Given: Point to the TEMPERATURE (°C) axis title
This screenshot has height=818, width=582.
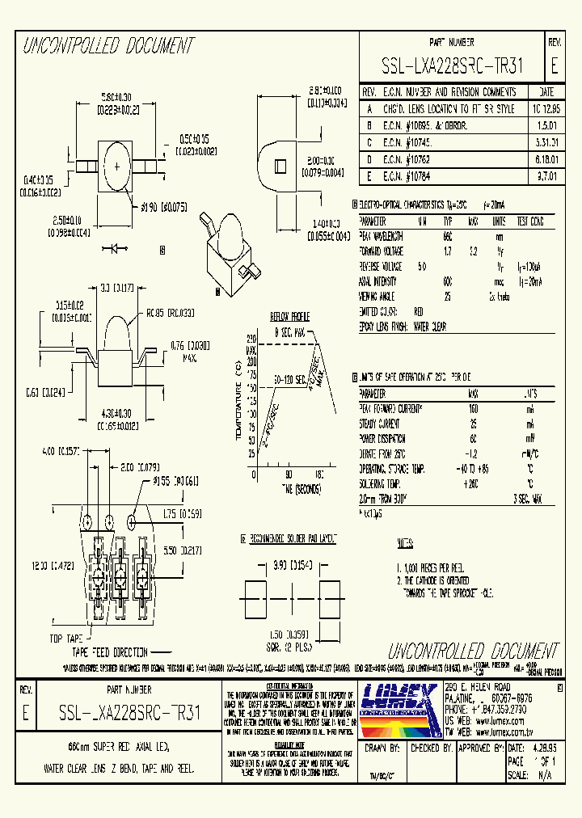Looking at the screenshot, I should [x=239, y=403].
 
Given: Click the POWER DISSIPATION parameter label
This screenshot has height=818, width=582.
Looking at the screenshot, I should [x=383, y=437].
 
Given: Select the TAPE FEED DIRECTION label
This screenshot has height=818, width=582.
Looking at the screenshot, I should [x=110, y=651].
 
